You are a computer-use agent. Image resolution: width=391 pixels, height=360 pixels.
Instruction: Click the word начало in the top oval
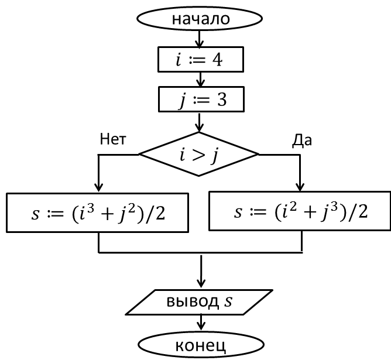pyautogui.click(x=201, y=19)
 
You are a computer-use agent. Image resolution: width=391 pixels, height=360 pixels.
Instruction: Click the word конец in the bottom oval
pyautogui.click(x=201, y=346)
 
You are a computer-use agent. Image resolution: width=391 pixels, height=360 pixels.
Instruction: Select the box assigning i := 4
pyautogui.click(x=201, y=59)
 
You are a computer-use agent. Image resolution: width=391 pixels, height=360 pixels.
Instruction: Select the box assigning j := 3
pyautogui.click(x=201, y=100)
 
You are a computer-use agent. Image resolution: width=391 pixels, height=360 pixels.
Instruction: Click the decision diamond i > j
pyautogui.click(x=199, y=155)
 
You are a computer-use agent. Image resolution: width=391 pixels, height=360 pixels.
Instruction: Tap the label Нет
pyautogui.click(x=113, y=139)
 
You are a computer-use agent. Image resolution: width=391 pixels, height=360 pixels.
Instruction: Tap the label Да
pyautogui.click(x=301, y=140)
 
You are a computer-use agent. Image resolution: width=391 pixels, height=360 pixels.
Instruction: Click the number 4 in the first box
pyautogui.click(x=217, y=60)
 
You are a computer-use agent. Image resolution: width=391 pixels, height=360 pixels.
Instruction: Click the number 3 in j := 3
pyautogui.click(x=222, y=100)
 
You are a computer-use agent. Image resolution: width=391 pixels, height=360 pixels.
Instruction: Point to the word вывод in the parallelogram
pyautogui.click(x=192, y=301)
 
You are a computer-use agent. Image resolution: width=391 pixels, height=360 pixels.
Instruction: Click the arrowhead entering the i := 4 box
pyautogui.click(x=199, y=43)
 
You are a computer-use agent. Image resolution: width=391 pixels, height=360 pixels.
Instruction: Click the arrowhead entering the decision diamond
pyautogui.click(x=199, y=128)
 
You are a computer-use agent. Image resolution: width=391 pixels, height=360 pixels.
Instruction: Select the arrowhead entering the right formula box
pyautogui.click(x=300, y=187)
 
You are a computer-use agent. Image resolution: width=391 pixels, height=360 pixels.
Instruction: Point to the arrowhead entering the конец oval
pyautogui.click(x=201, y=326)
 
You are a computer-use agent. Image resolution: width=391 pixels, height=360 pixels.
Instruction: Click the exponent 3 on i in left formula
pyautogui.click(x=91, y=208)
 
